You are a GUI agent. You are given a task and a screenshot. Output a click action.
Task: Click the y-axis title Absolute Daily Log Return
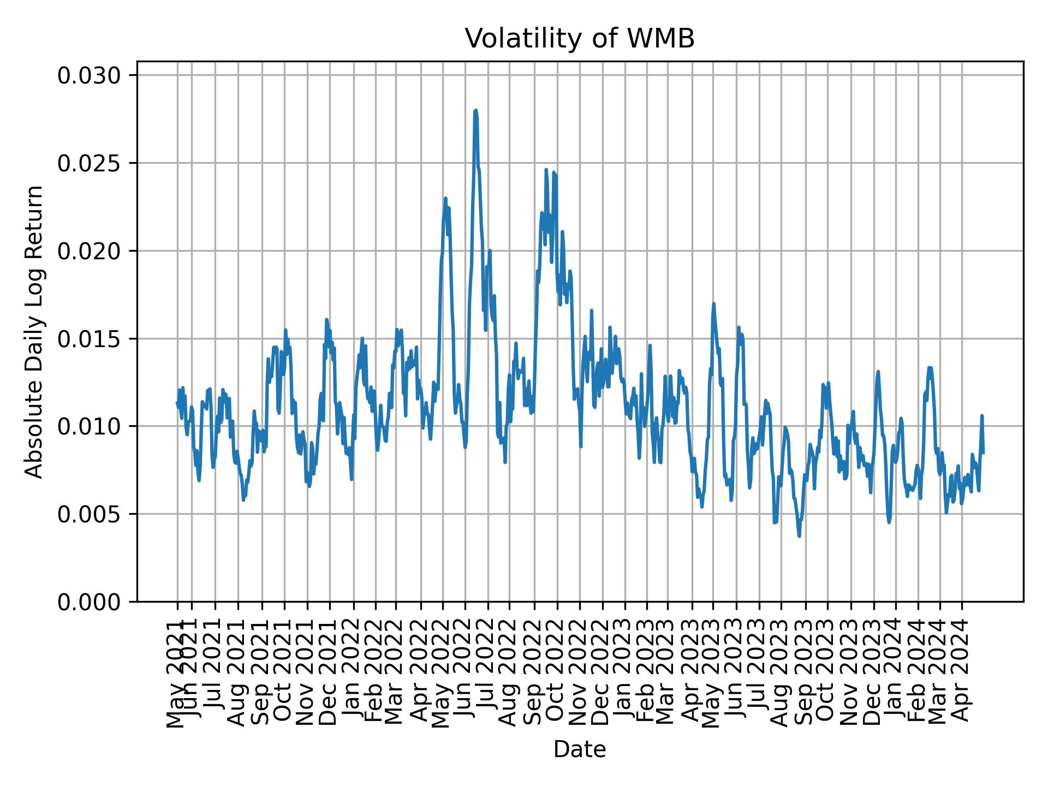coord(35,331)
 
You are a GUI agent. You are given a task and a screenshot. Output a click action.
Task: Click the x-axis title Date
coord(579,749)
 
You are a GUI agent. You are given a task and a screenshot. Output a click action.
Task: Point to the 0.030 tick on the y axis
coord(89,75)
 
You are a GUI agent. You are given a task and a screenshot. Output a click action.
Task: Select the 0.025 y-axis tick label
coord(89,163)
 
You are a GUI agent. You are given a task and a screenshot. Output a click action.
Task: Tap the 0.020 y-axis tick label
coord(89,251)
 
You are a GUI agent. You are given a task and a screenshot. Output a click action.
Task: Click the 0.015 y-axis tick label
coord(89,338)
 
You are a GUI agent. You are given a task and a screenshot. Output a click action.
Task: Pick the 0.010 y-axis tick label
coord(89,426)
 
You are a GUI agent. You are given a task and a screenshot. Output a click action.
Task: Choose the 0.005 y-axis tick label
coord(89,514)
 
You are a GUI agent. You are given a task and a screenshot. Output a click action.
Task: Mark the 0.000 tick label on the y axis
coord(89,602)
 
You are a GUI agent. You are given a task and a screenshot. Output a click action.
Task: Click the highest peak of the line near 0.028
coord(475,111)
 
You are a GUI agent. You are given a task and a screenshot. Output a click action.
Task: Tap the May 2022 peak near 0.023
coord(445,199)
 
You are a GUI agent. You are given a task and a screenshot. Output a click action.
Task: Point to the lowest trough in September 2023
coord(799,536)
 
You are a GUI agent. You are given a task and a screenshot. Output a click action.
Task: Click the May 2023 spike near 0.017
coord(713,304)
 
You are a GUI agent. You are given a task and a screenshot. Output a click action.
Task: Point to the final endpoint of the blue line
coord(983,452)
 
